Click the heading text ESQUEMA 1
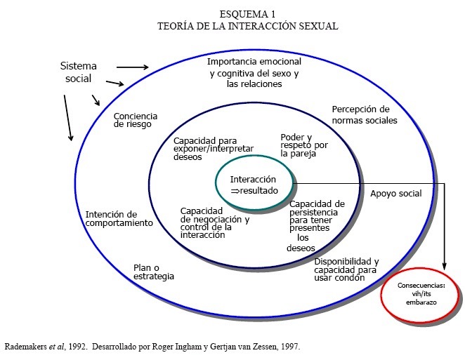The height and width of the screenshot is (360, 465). click(x=248, y=15)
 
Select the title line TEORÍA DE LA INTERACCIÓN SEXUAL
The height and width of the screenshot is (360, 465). click(x=248, y=26)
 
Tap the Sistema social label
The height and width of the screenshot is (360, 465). click(x=79, y=72)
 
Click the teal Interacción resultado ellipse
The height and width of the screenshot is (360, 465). click(x=254, y=185)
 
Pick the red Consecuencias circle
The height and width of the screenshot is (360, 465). click(x=421, y=293)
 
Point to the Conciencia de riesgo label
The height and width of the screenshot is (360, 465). click(x=136, y=121)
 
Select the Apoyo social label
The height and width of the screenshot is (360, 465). click(x=395, y=193)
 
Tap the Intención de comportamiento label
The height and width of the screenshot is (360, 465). click(x=119, y=218)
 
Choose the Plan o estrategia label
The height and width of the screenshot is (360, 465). click(x=154, y=272)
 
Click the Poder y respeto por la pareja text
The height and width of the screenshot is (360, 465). click(x=303, y=145)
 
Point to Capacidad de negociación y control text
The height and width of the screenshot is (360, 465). click(x=215, y=223)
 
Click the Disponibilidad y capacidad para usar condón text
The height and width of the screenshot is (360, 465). click(x=346, y=269)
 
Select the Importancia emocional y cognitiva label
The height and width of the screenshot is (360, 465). click(x=254, y=73)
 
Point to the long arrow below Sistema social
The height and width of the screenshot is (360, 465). click(x=68, y=117)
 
